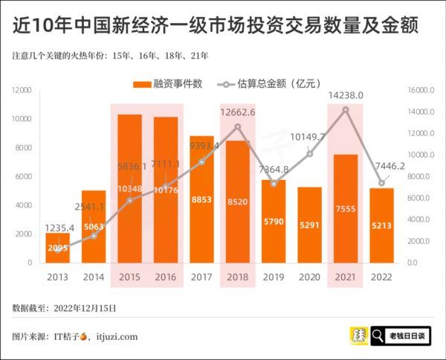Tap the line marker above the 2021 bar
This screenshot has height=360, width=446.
coord(345,110)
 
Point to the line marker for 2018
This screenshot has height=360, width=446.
coord(237,126)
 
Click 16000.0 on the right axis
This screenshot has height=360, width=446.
coord(421,90)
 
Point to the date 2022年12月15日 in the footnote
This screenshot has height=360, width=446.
coord(83,307)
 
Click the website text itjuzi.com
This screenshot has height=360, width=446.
coord(117,336)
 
